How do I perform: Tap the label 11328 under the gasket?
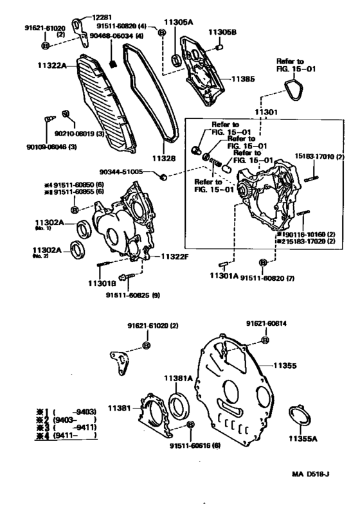(x=164, y=157)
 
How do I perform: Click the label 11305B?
(x=224, y=31)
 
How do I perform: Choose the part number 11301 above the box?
(x=267, y=112)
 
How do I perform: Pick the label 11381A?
(x=183, y=378)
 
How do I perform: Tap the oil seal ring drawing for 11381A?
(x=179, y=407)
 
